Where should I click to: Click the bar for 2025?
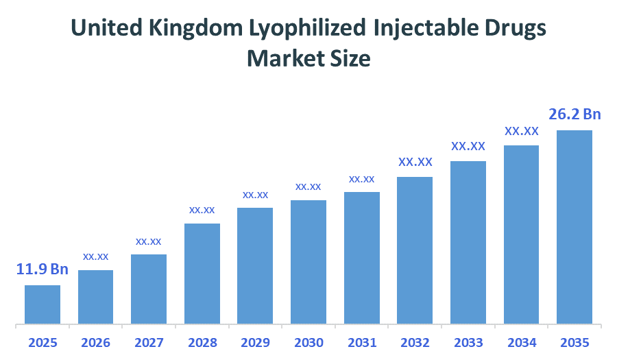pyautogui.click(x=43, y=304)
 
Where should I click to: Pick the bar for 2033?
pyautogui.click(x=468, y=242)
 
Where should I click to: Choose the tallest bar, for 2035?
pyautogui.click(x=574, y=227)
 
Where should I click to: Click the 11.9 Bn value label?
pyautogui.click(x=43, y=269)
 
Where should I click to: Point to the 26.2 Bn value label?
pyautogui.click(x=574, y=114)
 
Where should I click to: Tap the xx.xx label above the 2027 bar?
pyautogui.click(x=149, y=241)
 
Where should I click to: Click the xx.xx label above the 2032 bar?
pyautogui.click(x=415, y=162)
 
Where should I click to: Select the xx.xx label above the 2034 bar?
pyautogui.click(x=522, y=130)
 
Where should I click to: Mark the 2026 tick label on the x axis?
pyautogui.click(x=96, y=342)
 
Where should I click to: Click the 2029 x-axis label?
pyautogui.click(x=255, y=342)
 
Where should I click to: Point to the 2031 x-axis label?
pyautogui.click(x=362, y=342)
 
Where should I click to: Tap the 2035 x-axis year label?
pyautogui.click(x=574, y=342)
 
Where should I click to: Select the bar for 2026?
pyautogui.click(x=96, y=297)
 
